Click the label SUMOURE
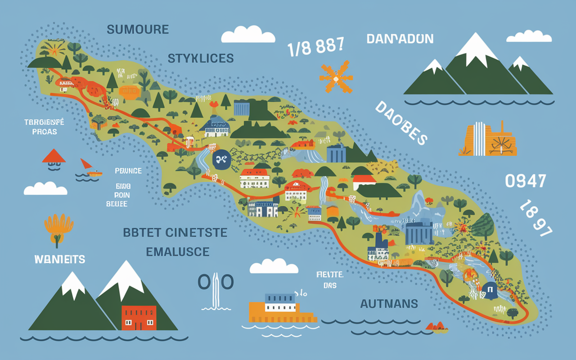pos(138,30)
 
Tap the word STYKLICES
pos(201,58)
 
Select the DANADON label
pos(400,39)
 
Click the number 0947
pos(525,181)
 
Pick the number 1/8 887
pos(315,46)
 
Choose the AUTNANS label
pos(389,304)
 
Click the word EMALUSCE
pos(177,251)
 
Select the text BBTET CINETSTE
pos(175,233)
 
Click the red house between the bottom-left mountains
pos(139,317)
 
